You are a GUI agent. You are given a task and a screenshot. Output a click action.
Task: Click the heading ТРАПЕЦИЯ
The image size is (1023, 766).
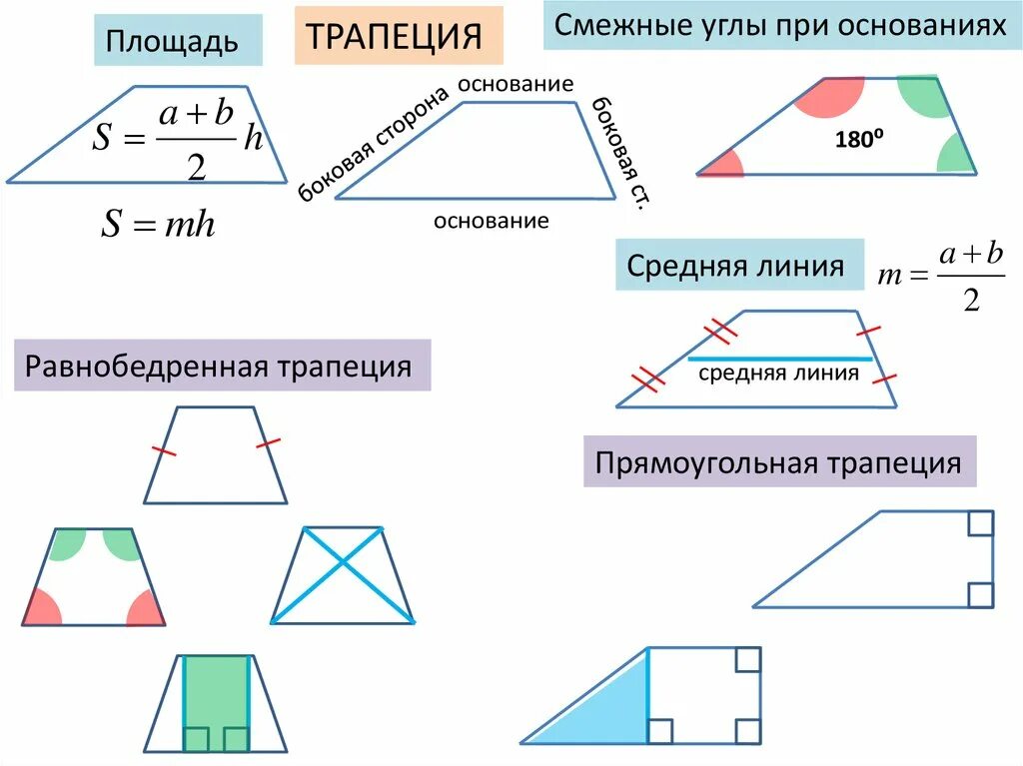pos(399,37)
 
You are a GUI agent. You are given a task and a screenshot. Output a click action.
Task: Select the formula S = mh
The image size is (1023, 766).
pos(158,224)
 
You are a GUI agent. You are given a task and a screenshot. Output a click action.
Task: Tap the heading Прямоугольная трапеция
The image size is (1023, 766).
pos(778,462)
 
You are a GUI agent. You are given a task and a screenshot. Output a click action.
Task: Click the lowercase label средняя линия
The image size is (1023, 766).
pos(778,374)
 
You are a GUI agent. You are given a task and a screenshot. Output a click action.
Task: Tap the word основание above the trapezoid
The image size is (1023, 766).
pos(515,84)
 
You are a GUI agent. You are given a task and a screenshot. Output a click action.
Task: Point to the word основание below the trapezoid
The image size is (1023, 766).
pos(491,221)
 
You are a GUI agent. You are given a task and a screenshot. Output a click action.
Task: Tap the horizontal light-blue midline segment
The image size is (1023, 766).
pos(779,358)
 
